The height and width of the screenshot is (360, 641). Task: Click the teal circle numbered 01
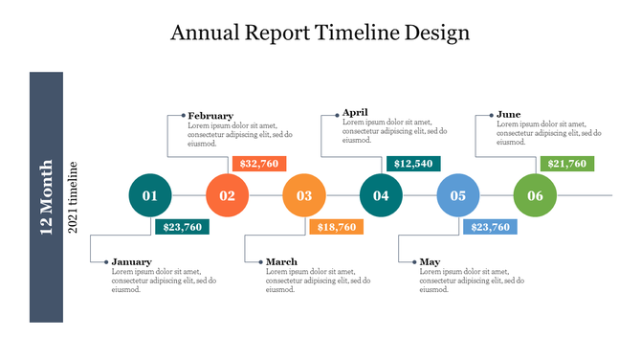click(150, 196)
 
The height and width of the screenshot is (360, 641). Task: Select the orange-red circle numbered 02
click(227, 196)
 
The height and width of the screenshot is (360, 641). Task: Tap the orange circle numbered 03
click(303, 196)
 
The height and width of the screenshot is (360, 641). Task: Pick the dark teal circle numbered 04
click(381, 196)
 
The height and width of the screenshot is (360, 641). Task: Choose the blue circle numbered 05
click(457, 196)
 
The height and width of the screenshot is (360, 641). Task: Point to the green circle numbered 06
click(535, 196)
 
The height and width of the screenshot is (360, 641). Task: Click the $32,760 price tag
click(258, 164)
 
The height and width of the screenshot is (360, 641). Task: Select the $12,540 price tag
click(413, 164)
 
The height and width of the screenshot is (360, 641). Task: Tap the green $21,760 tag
click(567, 164)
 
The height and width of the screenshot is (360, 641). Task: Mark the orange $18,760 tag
click(336, 227)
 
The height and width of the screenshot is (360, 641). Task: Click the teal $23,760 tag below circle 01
click(182, 227)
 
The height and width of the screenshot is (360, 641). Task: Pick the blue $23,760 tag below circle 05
click(490, 227)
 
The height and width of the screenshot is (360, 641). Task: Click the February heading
click(210, 116)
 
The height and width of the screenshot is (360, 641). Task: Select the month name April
click(355, 112)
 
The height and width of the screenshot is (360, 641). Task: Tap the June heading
click(508, 114)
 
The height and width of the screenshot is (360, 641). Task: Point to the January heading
click(131, 261)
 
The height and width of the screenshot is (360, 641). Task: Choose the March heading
click(281, 261)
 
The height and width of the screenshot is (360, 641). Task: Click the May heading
click(430, 261)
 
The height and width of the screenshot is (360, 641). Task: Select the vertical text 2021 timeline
click(72, 198)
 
